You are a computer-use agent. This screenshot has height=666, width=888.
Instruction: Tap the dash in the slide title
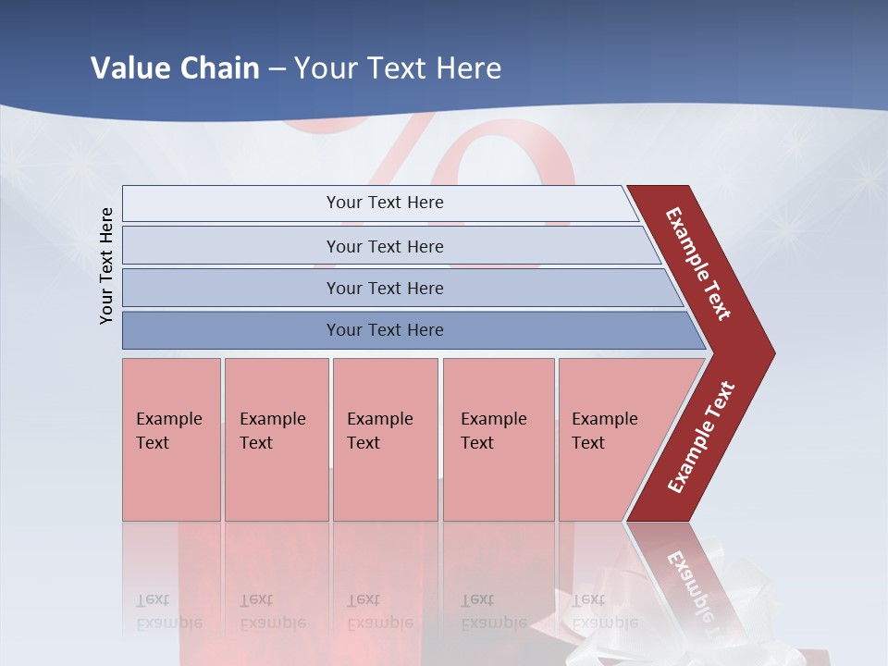coord(277,69)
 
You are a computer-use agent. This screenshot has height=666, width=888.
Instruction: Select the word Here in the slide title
coord(468,68)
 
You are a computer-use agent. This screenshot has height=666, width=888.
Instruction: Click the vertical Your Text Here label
coord(106,265)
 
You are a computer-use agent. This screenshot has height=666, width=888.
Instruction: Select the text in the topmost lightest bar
coord(385,203)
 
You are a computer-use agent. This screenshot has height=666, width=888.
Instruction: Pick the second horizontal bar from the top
coord(385,246)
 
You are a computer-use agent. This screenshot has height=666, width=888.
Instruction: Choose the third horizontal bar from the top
coord(385,288)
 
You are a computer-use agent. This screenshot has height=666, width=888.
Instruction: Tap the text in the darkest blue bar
coord(385,330)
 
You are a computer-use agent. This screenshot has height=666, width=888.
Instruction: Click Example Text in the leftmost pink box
coord(168,431)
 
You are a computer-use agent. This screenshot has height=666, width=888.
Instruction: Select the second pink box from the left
coord(276,439)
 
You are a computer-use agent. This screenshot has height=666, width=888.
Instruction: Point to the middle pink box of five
coord(385,439)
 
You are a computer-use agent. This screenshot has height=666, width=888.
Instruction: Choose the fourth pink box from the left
coord(498,439)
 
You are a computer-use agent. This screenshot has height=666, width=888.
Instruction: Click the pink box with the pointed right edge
coord(610,439)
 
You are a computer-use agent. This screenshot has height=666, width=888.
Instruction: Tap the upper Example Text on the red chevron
coord(698,264)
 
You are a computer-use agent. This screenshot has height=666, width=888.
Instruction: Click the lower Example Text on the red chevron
coord(701,437)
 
